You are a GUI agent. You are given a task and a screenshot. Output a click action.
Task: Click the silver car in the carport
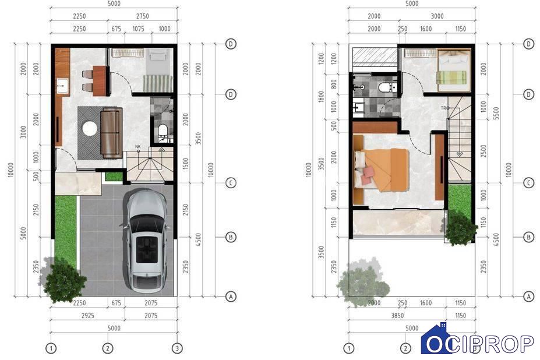[x=147, y=240]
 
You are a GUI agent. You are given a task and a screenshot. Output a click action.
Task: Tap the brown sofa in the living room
[x=111, y=133]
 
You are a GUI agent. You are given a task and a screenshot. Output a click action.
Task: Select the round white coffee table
[x=90, y=129]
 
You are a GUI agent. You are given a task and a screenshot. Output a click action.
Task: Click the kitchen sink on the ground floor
[x=63, y=86]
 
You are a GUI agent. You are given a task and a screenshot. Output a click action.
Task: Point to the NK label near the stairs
[x=137, y=147]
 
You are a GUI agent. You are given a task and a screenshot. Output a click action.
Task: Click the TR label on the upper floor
[x=443, y=108]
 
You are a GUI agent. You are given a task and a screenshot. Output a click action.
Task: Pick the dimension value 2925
[x=88, y=316]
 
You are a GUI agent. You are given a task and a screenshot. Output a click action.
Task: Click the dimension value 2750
[x=143, y=16]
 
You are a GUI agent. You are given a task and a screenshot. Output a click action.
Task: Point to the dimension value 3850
[x=397, y=316]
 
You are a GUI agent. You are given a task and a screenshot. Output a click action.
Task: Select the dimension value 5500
[x=496, y=114]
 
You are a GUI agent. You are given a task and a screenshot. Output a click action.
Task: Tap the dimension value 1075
[x=139, y=29]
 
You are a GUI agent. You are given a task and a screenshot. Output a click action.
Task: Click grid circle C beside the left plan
[x=231, y=183]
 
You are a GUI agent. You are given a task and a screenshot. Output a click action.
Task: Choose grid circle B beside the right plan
[x=528, y=237]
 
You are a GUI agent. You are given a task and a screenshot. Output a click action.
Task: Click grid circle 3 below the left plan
[x=177, y=348]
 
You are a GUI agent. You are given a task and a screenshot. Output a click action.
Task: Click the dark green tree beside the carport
[x=65, y=280]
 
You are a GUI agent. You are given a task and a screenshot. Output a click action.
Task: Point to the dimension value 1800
[x=322, y=97]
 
